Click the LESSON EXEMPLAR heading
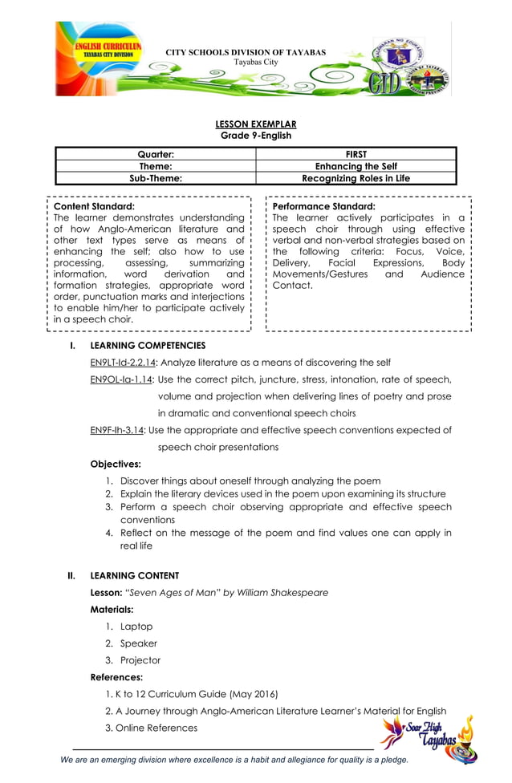point(256,124)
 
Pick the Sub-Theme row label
point(156,178)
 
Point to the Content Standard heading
point(93,206)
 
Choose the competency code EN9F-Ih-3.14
point(117,430)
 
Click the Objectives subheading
point(116,464)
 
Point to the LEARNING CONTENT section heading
point(135,575)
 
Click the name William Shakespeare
point(282,593)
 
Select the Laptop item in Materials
point(136,627)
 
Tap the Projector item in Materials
point(140,660)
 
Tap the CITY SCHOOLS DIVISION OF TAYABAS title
point(246,52)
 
